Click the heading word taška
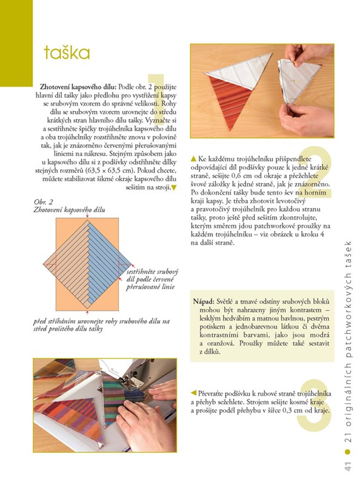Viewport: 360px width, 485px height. [x=67, y=53]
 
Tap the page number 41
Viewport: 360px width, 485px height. [x=348, y=466]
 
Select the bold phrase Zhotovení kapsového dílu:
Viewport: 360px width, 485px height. [x=79, y=87]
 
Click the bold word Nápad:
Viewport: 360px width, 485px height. [x=204, y=301]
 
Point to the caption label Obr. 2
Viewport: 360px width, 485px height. [x=43, y=202]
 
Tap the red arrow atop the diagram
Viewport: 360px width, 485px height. [x=87, y=215]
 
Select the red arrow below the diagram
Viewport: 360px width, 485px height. [x=87, y=313]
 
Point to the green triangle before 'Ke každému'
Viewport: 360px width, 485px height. [x=193, y=159]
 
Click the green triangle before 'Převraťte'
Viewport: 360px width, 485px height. [x=193, y=393]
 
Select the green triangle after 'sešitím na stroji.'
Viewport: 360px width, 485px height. [x=173, y=187]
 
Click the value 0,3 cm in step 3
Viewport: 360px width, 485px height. [x=293, y=410]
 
